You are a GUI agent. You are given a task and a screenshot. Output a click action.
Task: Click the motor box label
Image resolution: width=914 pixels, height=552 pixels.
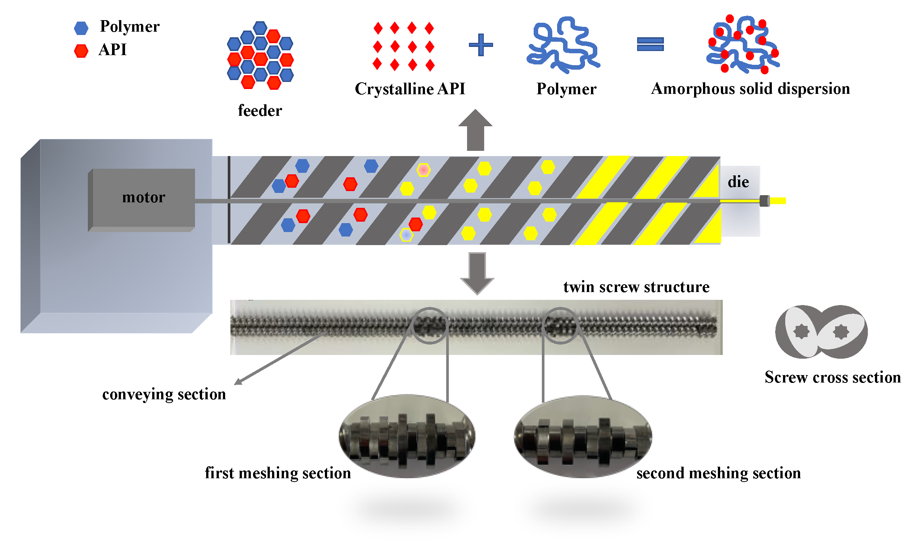[x=144, y=197]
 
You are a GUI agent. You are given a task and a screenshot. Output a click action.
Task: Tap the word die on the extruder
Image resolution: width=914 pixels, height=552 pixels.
[x=738, y=182]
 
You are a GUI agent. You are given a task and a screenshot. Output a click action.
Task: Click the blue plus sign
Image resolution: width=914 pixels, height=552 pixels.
[x=481, y=45]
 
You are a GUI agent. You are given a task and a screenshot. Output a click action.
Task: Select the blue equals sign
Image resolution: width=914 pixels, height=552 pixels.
[x=650, y=44]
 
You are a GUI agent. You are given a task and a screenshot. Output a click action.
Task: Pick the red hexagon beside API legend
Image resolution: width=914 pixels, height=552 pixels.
[x=81, y=51]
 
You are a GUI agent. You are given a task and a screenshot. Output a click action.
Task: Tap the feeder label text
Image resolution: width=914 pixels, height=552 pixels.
[x=260, y=111]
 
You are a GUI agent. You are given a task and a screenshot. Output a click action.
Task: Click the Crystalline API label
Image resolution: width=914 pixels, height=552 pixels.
[x=410, y=89]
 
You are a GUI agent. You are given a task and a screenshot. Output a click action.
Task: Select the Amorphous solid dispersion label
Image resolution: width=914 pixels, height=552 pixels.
[x=750, y=89]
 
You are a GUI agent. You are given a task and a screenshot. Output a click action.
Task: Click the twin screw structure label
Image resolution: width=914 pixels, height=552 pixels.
[x=636, y=287]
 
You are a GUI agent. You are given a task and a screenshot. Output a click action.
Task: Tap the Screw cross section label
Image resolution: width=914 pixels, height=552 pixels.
[x=832, y=377]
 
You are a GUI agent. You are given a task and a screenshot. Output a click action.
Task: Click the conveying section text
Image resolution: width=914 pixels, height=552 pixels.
[x=164, y=394]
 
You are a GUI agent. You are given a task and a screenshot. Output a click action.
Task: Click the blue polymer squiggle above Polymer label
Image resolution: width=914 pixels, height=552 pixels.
[x=563, y=45]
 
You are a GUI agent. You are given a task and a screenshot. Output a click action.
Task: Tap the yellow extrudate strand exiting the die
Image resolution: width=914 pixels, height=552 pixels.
[x=778, y=201]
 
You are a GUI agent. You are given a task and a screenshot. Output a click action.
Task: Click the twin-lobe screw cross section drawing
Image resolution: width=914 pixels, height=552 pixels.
[x=821, y=332]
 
